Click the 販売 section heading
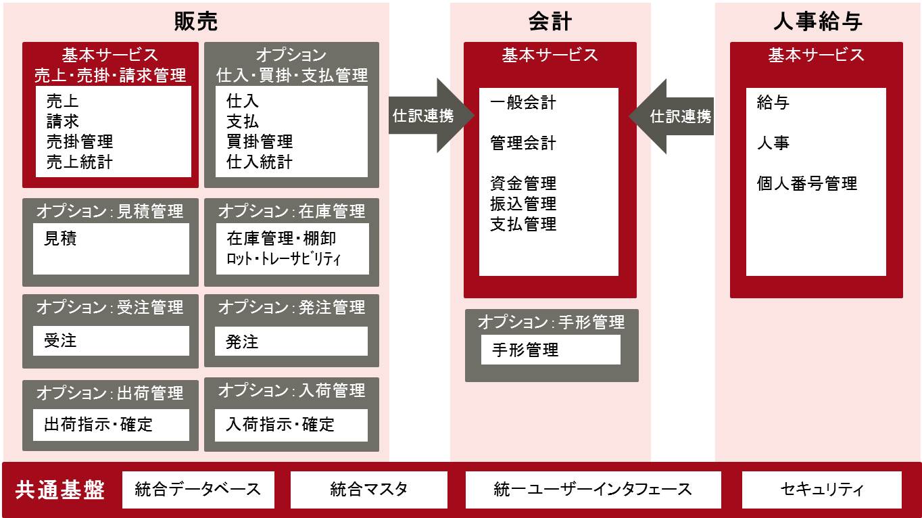click(196, 22)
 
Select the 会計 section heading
click(550, 22)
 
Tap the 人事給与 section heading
click(817, 22)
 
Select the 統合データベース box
click(198, 490)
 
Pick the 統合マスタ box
click(368, 490)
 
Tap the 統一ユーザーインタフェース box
click(593, 490)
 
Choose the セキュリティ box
click(821, 490)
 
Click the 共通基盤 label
click(61, 490)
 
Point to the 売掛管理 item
click(80, 142)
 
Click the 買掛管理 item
click(260, 142)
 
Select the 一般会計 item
click(523, 103)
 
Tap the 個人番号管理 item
click(807, 183)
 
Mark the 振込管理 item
click(523, 204)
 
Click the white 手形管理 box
click(550, 350)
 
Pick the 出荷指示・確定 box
click(111, 425)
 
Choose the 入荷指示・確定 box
click(291, 425)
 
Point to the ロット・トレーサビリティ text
click(284, 259)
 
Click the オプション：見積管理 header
click(110, 211)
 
